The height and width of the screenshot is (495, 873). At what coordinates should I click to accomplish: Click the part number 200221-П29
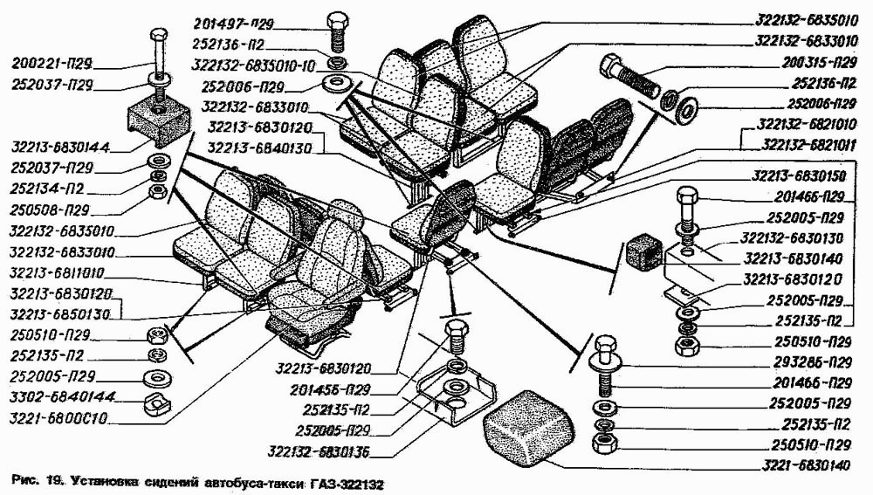54,63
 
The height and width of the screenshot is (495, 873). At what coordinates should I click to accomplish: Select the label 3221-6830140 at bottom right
801,465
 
